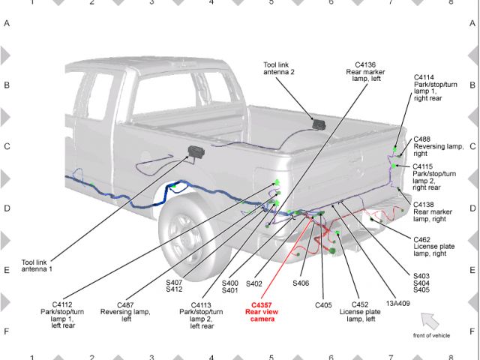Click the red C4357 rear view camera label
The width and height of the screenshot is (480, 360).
[262, 312]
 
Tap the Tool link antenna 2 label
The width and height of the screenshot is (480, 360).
[279, 68]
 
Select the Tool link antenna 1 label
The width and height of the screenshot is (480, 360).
[37, 265]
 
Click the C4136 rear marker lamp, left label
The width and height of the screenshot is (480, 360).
[365, 72]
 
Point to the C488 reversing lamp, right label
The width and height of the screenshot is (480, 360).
[438, 146]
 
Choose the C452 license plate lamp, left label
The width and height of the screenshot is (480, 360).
[360, 312]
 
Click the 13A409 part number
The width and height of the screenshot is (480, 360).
[397, 304]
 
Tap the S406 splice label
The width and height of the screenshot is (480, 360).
[301, 283]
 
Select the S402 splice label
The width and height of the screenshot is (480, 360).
[254, 283]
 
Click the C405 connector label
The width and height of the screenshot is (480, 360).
[323, 305]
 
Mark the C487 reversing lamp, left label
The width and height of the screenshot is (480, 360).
[125, 312]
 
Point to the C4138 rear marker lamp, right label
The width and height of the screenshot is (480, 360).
[433, 211]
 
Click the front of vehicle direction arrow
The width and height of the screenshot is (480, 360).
[430, 321]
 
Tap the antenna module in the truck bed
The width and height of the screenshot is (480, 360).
[319, 124]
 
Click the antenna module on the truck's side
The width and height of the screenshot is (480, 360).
[196, 151]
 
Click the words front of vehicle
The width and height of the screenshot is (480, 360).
[431, 335]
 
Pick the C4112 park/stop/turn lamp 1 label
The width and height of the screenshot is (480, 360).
[62, 315]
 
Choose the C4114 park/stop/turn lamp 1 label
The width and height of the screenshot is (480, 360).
[435, 88]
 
